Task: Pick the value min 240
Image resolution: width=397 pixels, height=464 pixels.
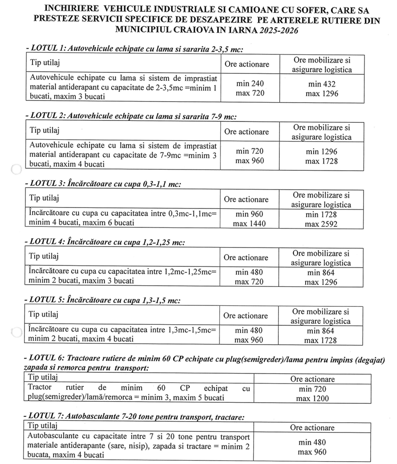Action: click(x=250, y=83)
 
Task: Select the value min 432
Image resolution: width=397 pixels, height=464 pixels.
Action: click(x=321, y=83)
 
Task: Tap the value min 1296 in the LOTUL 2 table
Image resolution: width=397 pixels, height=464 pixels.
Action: click(x=321, y=152)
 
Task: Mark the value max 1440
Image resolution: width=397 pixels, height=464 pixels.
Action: click(x=250, y=224)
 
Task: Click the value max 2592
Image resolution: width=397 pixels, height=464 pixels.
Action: click(x=321, y=224)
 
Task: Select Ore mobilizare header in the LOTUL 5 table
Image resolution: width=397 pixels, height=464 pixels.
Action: click(x=321, y=312)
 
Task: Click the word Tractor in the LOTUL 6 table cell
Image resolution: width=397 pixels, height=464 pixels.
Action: click(x=40, y=389)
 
